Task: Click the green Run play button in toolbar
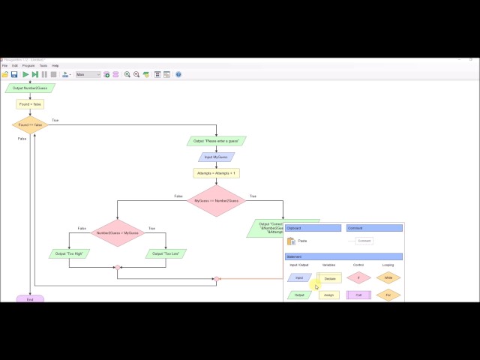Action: click(25, 74)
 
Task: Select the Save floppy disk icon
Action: click(14, 74)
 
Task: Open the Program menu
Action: click(28, 66)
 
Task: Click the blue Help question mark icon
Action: click(178, 74)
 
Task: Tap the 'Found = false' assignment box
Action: click(30, 104)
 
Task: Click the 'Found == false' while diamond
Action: click(30, 125)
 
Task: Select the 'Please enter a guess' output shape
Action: click(216, 141)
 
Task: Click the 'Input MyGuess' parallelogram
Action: click(216, 157)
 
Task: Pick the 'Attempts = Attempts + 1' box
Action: click(216, 172)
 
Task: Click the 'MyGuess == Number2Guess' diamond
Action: click(216, 201)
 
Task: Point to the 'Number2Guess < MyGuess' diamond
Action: click(117, 233)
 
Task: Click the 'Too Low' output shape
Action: click(166, 253)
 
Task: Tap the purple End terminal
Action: click(30, 299)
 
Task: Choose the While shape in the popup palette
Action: click(388, 277)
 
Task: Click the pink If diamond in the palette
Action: click(358, 277)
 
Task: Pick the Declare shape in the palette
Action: click(329, 278)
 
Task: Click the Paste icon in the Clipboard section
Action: click(292, 241)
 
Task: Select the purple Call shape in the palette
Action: click(358, 295)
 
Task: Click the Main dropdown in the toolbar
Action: click(88, 74)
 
